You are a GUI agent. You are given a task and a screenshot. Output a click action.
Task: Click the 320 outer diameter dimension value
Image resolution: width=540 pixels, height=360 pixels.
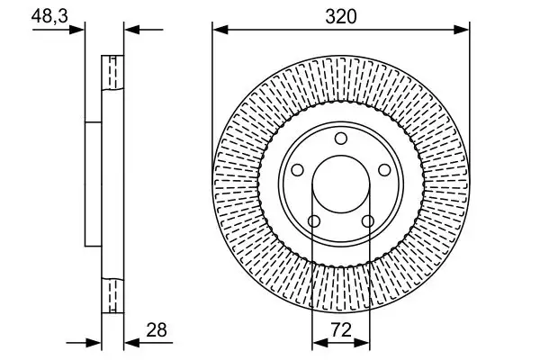[x=340, y=15]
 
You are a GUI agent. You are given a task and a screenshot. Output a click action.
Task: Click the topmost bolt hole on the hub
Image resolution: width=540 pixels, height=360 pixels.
[x=340, y=139]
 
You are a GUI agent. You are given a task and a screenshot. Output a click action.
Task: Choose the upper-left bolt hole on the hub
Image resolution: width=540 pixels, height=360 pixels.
[x=298, y=169]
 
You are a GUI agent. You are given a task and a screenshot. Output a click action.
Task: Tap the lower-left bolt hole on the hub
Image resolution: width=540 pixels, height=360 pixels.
[x=314, y=221]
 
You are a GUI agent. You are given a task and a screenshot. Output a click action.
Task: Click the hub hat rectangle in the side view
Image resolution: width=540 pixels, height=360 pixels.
[x=92, y=184]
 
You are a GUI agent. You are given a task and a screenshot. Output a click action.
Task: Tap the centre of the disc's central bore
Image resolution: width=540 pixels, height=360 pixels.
[x=340, y=184]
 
